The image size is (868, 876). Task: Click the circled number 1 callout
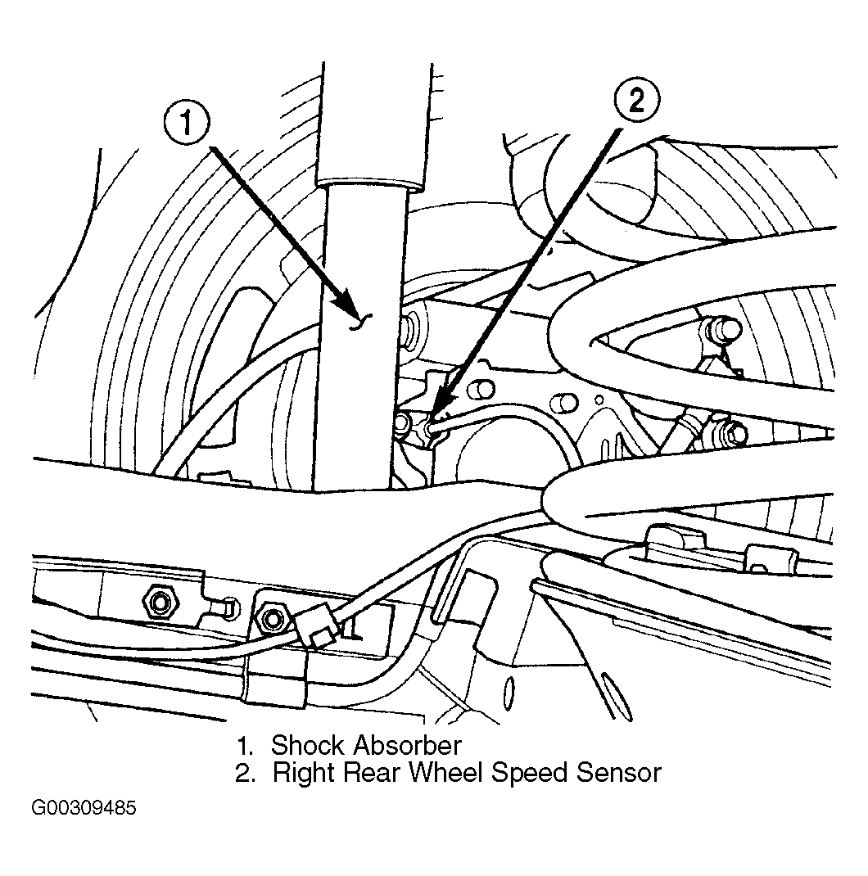[x=187, y=123]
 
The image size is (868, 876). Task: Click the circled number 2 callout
[x=636, y=100]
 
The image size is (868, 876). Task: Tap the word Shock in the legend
[x=307, y=745]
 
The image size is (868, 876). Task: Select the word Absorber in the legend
[x=407, y=745]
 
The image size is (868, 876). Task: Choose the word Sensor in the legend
[x=619, y=773]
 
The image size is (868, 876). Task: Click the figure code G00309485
[x=84, y=808]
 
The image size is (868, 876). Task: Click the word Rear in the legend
[x=371, y=773]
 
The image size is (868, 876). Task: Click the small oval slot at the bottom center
[x=509, y=693]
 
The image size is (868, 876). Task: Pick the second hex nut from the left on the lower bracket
[x=272, y=618]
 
